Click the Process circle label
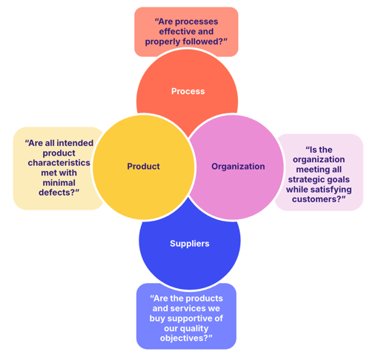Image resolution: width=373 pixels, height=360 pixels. (188, 91)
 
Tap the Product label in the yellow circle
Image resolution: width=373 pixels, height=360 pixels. (143, 167)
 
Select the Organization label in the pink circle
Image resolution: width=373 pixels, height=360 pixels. (238, 167)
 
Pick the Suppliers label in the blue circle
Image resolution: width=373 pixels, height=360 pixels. (189, 243)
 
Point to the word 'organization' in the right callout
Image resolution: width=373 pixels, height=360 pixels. (319, 159)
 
